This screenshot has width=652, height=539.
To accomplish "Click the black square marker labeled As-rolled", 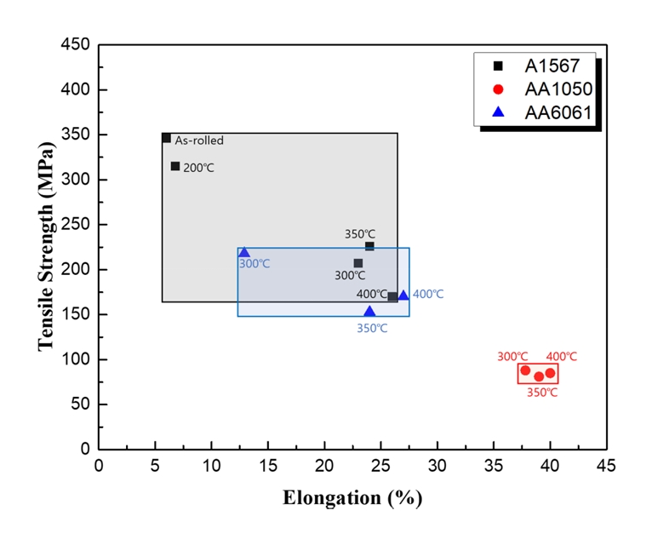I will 167,138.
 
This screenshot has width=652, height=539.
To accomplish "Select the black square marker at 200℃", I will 175,166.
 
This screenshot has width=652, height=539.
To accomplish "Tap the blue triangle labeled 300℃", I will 244,252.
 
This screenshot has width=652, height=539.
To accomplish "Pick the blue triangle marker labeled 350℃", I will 369,312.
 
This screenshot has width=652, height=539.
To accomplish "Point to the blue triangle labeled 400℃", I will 403,295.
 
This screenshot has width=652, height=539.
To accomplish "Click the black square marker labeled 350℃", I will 369,246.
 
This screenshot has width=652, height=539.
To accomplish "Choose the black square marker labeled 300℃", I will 358,263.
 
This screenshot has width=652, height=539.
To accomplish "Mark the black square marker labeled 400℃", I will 392,296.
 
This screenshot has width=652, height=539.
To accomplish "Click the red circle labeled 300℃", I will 525,370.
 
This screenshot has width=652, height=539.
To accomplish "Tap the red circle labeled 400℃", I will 550,373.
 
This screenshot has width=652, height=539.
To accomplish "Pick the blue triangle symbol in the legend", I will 499,112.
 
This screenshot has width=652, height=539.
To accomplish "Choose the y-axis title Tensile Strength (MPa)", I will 46,247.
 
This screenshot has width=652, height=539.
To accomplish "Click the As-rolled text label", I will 199,140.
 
